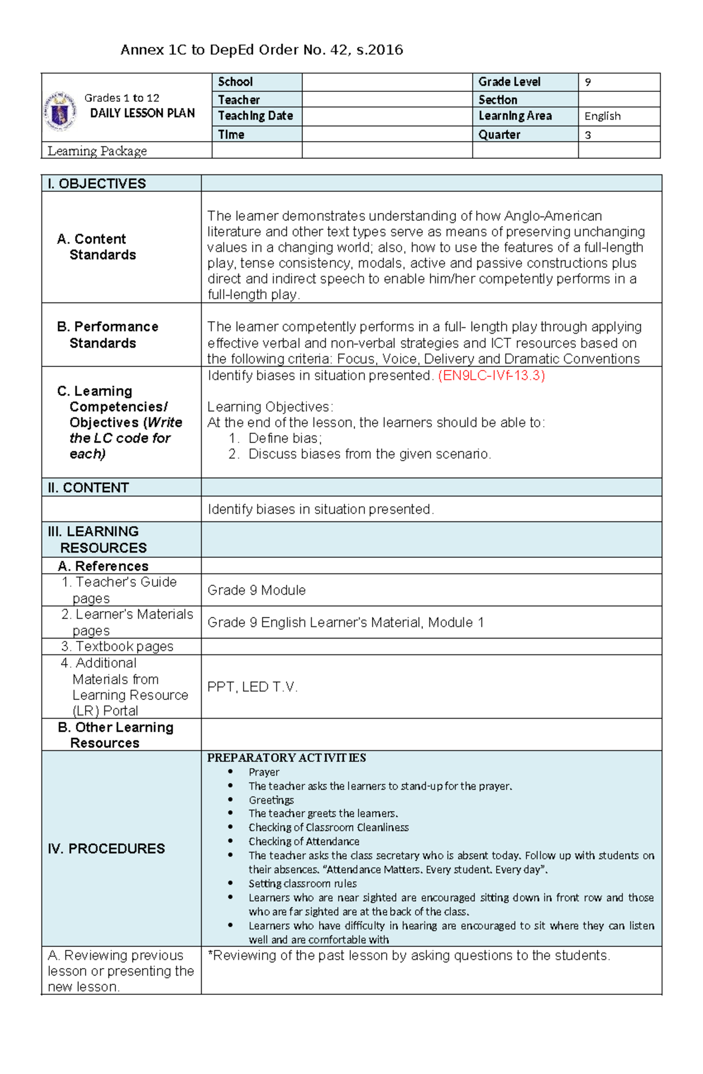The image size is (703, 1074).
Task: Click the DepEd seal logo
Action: [60, 111]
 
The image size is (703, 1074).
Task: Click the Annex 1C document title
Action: [261, 50]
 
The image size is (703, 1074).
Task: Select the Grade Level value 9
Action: [588, 83]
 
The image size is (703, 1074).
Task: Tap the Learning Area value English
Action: [602, 116]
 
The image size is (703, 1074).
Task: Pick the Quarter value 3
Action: [588, 135]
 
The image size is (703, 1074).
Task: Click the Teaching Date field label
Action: [255, 116]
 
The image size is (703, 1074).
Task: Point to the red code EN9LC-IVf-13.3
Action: [492, 376]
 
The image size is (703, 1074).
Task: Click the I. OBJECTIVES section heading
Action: [97, 184]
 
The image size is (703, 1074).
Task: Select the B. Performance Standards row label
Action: [107, 335]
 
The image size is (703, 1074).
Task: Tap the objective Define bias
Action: [285, 438]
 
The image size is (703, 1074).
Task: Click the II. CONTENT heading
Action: [88, 488]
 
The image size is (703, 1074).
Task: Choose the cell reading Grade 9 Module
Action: [257, 590]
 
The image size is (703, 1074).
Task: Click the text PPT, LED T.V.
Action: [252, 687]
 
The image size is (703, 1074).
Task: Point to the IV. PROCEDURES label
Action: [106, 849]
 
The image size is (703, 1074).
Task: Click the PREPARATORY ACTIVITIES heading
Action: [286, 758]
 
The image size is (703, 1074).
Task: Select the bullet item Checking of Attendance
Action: [303, 842]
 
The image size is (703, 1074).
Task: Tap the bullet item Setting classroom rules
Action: [302, 884]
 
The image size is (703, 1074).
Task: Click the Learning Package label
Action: [97, 151]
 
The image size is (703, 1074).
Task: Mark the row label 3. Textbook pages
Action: [118, 647]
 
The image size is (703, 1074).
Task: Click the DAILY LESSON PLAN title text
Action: [142, 114]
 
